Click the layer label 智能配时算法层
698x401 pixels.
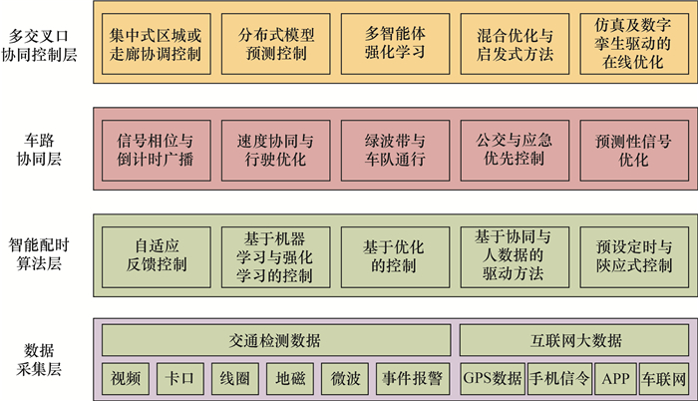point(43,252)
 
